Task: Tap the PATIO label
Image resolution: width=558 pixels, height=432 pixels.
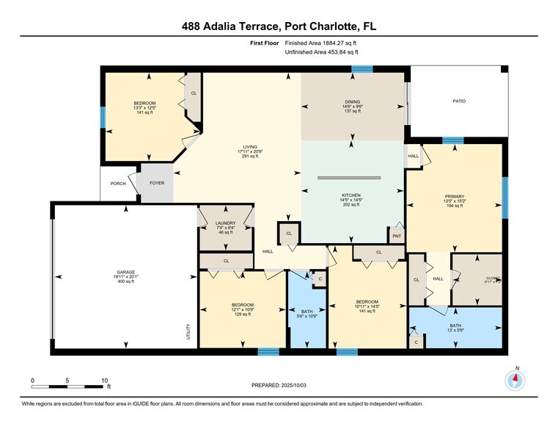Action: (x=459, y=101)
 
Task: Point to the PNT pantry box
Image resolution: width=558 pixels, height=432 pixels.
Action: (x=397, y=236)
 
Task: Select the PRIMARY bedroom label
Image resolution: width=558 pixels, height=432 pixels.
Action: (x=454, y=196)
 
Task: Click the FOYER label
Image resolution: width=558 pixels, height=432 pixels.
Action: (x=158, y=182)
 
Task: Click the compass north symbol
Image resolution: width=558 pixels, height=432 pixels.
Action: (x=516, y=379)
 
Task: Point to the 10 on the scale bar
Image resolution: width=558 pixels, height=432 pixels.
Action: (x=105, y=380)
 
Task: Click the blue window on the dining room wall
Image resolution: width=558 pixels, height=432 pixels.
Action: (x=361, y=69)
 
